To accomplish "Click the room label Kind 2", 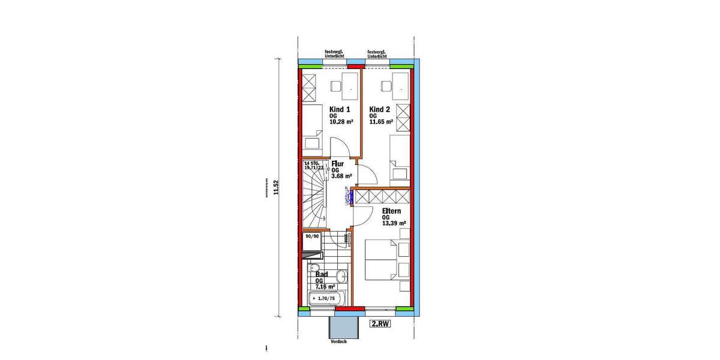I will click(x=379, y=110).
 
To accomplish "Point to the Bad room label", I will click(x=322, y=275).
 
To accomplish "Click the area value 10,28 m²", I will click(x=341, y=121).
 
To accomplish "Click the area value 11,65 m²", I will click(x=381, y=121).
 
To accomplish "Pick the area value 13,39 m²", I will click(x=394, y=223).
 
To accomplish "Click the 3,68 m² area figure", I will click(x=341, y=176).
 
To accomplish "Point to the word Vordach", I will click(x=338, y=341).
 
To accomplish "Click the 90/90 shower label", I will click(x=312, y=236).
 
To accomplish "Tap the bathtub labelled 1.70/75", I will click(x=325, y=298).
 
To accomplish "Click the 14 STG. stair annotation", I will click(x=311, y=163).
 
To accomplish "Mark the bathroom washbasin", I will click(x=340, y=277).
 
